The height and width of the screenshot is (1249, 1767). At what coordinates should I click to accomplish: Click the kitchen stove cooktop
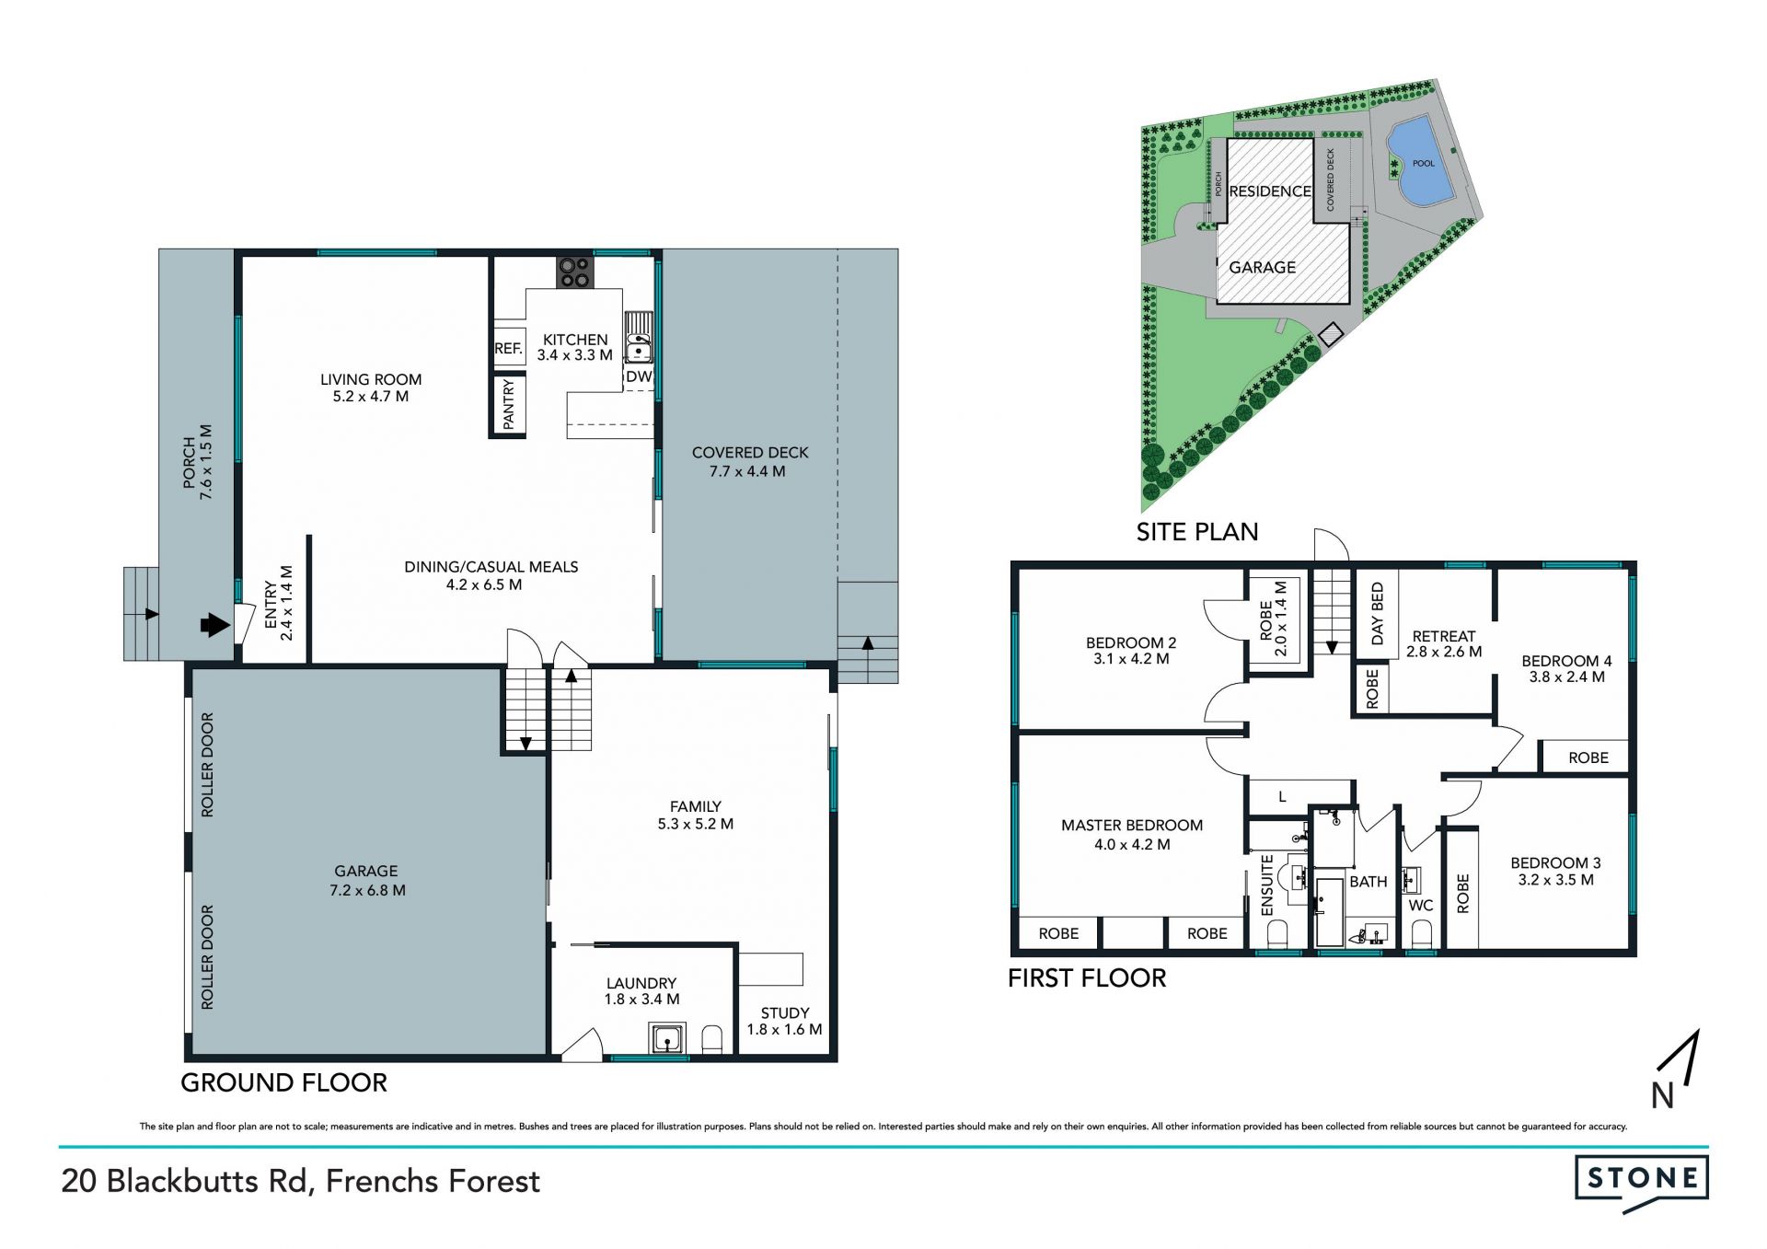(576, 272)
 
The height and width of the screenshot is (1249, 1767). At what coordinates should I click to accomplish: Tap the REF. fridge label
(508, 349)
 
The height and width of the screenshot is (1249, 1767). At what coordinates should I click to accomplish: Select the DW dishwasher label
(639, 376)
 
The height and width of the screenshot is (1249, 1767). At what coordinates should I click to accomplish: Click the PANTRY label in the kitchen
(509, 404)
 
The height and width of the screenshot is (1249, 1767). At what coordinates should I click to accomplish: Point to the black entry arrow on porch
(214, 626)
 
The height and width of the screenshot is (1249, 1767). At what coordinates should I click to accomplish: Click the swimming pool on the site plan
(1418, 163)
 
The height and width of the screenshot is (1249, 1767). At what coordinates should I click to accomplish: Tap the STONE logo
(1642, 1181)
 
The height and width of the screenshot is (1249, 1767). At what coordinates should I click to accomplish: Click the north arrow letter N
(1662, 1095)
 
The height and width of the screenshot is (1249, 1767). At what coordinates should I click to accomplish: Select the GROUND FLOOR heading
(283, 1082)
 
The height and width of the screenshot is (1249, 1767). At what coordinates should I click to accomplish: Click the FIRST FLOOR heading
(1087, 977)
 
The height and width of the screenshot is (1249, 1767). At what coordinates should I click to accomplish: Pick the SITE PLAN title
(1196, 532)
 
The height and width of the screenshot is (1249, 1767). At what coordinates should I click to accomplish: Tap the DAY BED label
(1377, 613)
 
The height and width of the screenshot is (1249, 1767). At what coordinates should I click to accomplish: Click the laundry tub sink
(664, 1038)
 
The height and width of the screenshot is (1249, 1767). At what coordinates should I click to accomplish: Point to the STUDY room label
(785, 1012)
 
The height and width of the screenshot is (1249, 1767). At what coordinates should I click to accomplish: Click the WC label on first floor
(1421, 906)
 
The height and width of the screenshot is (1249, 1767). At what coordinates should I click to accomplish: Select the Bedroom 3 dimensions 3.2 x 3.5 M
(1555, 880)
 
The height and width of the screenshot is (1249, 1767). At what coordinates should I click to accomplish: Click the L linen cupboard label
(1282, 797)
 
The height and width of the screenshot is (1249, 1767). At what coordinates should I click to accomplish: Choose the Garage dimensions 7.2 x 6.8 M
(367, 890)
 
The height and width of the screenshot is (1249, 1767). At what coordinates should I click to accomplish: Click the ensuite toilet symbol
(1277, 935)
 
